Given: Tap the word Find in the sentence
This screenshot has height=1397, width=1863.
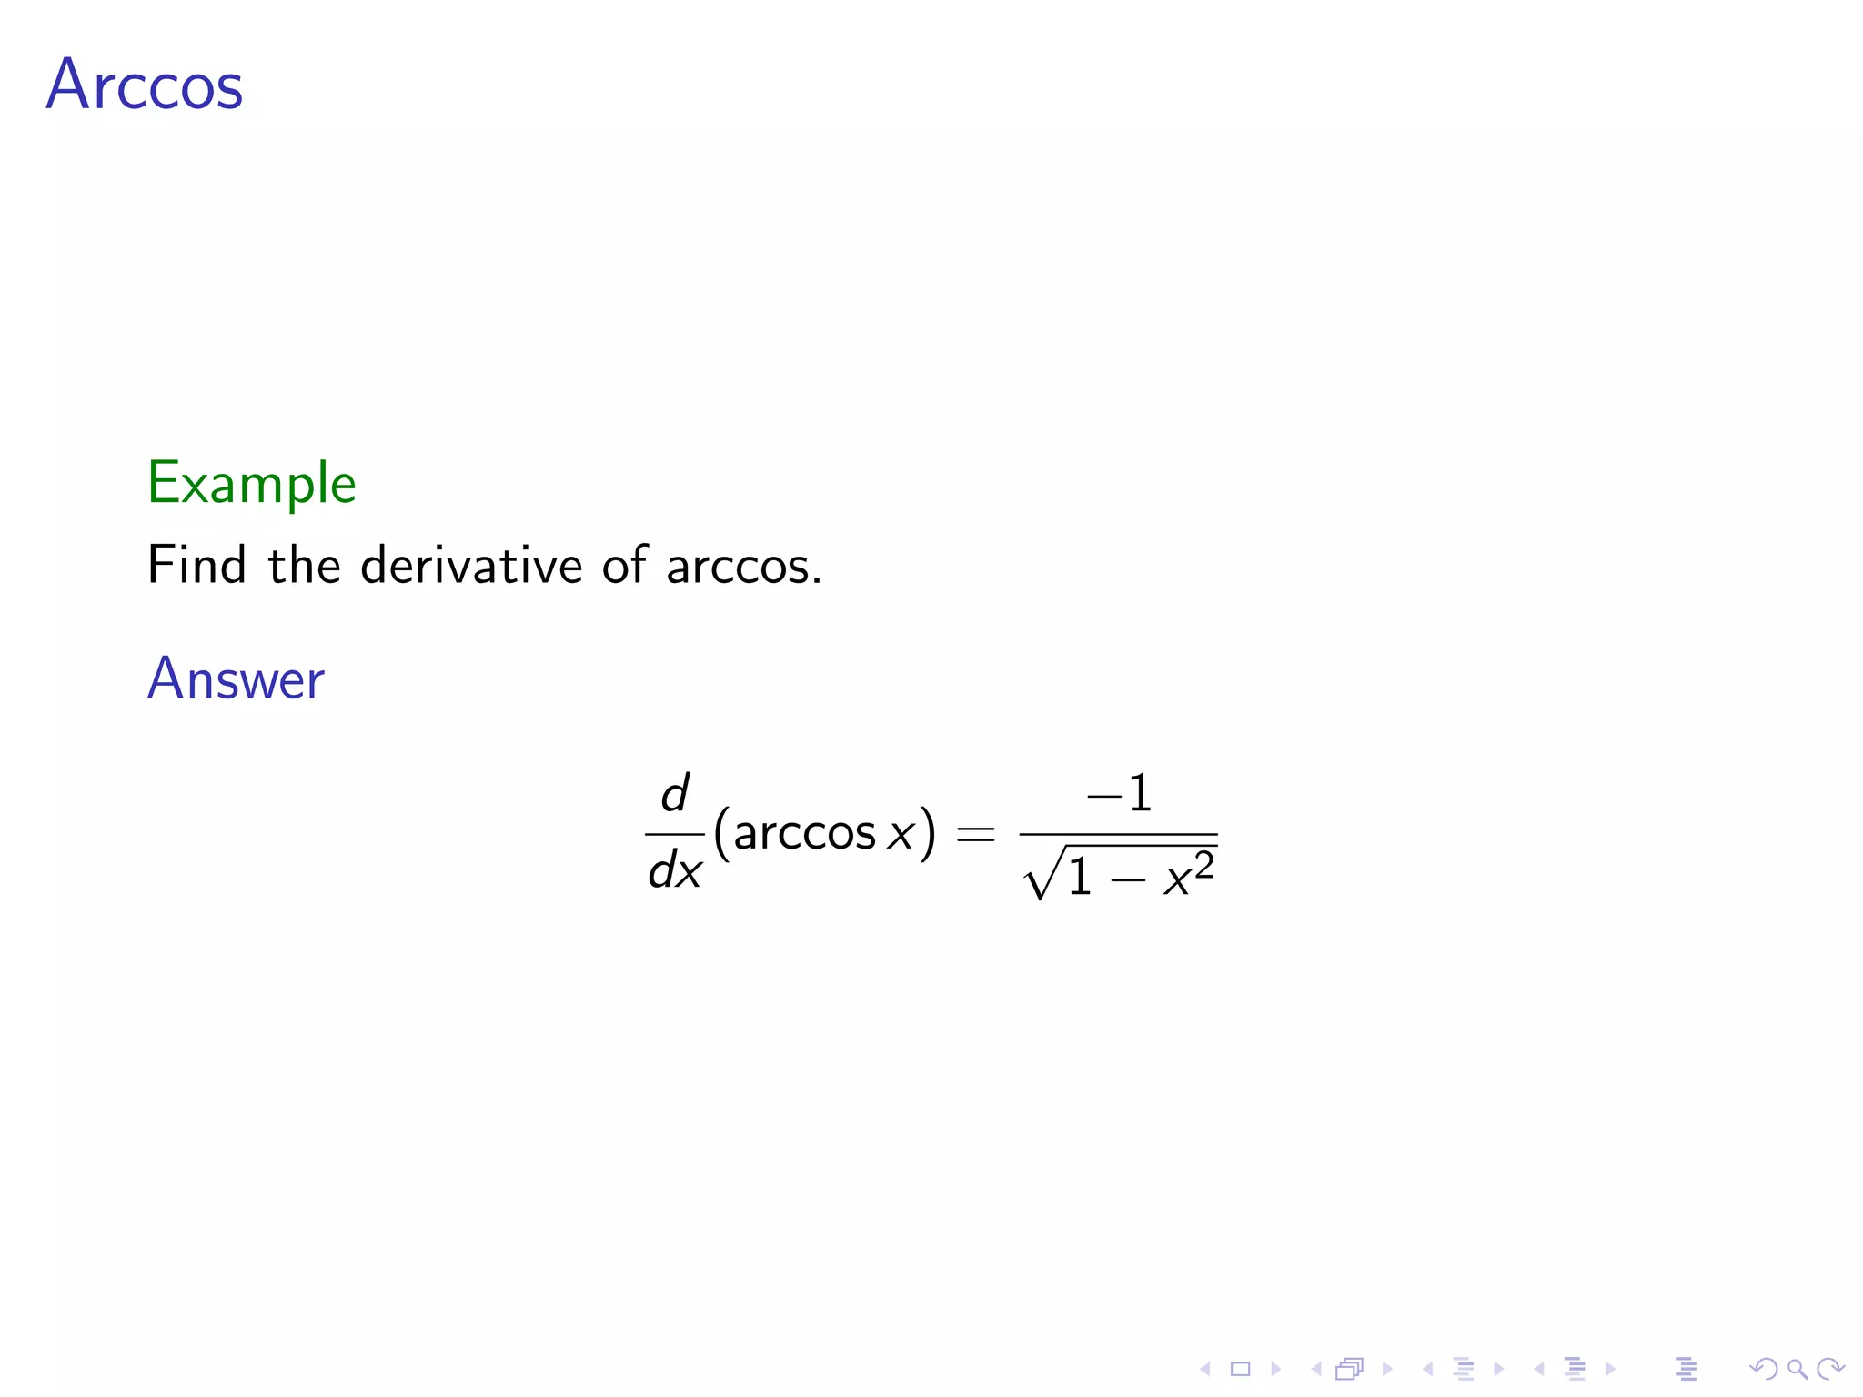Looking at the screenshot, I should coord(196,565).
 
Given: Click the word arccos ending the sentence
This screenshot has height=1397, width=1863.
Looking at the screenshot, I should coord(738,567).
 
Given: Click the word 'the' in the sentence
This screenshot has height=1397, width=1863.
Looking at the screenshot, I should coord(304,565).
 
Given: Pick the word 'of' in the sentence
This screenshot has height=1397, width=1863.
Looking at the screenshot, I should coord(624,565).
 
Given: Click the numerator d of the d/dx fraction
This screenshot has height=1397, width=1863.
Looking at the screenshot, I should coord(674,793).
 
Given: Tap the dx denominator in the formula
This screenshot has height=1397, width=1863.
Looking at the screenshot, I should coord(674,871).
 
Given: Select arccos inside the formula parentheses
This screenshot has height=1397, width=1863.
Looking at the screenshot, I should coord(803,832).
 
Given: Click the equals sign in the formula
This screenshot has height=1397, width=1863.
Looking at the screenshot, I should coord(975,833).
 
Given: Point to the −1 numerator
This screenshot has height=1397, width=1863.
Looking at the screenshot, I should coord(1119,793).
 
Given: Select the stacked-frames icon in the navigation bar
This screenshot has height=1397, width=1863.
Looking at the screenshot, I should coord(1350,1368).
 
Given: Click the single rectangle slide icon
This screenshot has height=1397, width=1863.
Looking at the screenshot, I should coord(1240,1368).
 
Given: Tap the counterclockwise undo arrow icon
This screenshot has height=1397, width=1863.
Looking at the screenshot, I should coord(1764,1368).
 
